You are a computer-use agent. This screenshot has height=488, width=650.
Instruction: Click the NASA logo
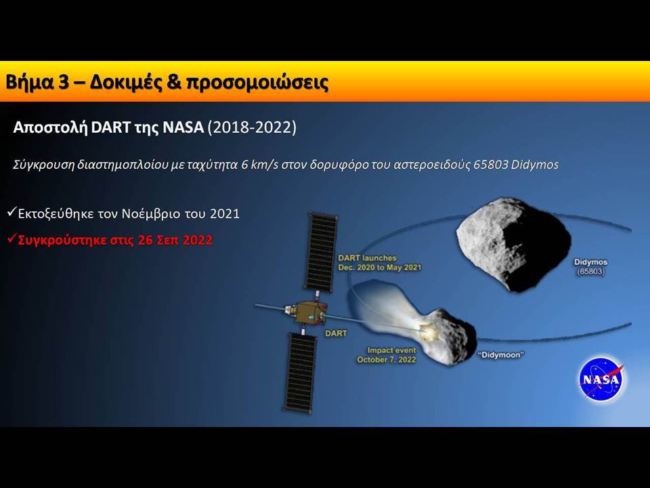point(601,378)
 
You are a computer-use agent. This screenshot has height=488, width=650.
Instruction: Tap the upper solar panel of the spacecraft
point(322,252)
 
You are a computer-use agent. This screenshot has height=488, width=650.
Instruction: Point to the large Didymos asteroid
point(514,244)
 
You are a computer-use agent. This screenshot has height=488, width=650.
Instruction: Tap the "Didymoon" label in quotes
point(501,354)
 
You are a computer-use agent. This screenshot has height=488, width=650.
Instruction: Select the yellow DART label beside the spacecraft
point(336,333)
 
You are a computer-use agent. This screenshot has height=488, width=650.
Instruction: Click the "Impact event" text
point(392,350)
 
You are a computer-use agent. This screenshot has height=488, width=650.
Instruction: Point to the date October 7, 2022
point(387,360)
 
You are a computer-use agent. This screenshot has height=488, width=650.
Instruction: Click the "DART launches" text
point(367,258)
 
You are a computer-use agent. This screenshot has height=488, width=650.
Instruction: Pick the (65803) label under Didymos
point(590,272)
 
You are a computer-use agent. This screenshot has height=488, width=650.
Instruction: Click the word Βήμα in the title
point(29,82)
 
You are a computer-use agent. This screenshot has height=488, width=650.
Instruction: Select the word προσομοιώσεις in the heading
point(257,83)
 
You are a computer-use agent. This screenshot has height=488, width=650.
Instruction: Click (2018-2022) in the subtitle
point(252,127)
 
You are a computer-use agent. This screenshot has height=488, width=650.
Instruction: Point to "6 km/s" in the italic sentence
point(259,165)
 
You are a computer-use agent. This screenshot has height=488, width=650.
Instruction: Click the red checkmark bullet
point(12,239)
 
